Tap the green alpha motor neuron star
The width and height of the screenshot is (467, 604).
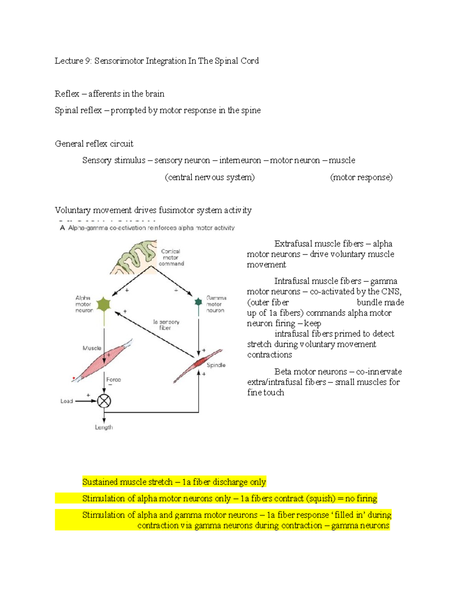click(104, 304)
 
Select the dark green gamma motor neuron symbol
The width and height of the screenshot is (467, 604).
click(198, 302)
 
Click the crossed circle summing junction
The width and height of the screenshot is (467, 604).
click(104, 401)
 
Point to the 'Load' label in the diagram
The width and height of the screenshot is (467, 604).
click(67, 401)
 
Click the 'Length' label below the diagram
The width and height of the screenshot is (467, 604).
click(104, 427)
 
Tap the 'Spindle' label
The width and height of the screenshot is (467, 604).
click(216, 365)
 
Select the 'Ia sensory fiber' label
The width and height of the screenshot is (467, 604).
click(166, 325)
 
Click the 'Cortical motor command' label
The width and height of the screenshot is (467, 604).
click(171, 257)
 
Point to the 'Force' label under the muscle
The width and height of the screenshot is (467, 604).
click(114, 380)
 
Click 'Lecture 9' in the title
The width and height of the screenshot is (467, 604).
click(72, 61)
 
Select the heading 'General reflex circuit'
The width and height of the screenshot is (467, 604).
click(94, 144)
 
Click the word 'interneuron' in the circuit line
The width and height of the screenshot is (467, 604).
click(240, 160)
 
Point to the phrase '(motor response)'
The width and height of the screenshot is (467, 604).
click(361, 177)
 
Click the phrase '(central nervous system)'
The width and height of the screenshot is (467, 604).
click(210, 177)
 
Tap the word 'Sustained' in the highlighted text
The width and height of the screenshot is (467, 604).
click(100, 482)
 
